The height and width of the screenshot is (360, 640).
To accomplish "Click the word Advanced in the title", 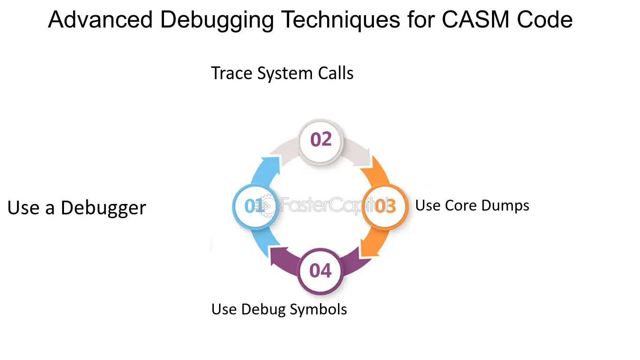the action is tap(100, 19).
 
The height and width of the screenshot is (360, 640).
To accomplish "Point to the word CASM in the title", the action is tap(475, 19).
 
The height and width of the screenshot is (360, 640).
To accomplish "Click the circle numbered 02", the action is tap(320, 141).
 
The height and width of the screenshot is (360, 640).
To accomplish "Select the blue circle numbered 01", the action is tap(255, 206).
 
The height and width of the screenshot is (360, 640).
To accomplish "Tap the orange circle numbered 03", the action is tap(385, 206).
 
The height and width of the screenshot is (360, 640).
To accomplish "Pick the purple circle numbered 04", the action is tap(320, 271).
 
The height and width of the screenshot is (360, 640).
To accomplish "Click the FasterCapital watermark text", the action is tap(334, 205).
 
